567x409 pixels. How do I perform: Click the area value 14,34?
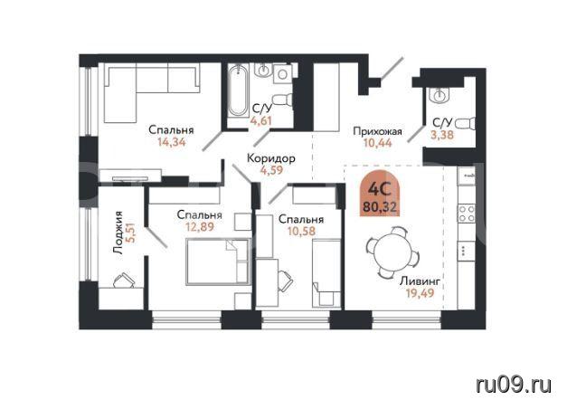(172, 142)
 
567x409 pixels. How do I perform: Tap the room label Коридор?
(271, 158)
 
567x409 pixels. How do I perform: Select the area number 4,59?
(272, 170)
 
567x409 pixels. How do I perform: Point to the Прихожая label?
(377, 131)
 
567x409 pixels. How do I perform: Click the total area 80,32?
(380, 207)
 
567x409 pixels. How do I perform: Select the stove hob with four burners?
(467, 214)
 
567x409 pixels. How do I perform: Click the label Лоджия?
(118, 233)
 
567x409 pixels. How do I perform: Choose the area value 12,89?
(200, 227)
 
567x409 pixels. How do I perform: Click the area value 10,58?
(301, 231)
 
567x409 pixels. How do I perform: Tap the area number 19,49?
(420, 293)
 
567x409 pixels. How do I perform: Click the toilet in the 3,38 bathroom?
(465, 124)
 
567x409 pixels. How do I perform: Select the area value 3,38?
(442, 135)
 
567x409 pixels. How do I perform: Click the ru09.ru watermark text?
(514, 385)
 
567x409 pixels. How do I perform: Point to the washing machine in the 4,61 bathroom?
(283, 74)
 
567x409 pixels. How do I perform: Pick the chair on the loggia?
(124, 281)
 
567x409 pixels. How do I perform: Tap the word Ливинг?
(420, 281)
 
